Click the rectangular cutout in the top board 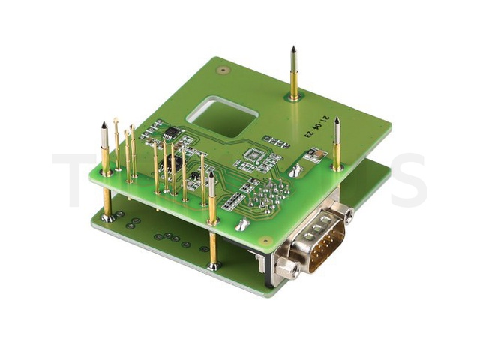pos(223,114)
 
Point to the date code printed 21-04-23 pos(311,127)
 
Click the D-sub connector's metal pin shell pos(319,240)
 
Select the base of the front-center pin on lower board pos(214,265)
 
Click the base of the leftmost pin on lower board pos(109,217)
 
